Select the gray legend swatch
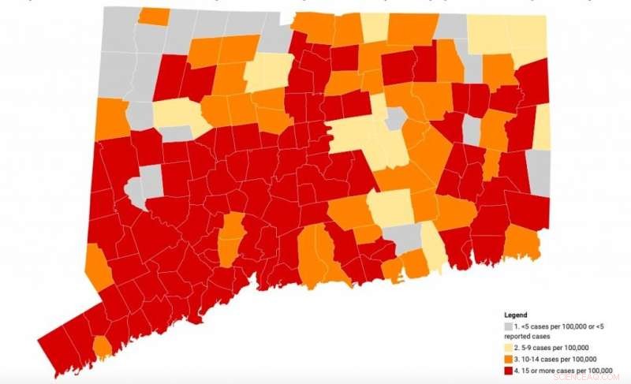tap(510, 326)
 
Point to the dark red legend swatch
tap(510, 370)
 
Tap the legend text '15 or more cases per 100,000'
tap(566, 370)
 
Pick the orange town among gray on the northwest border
tap(154, 16)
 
